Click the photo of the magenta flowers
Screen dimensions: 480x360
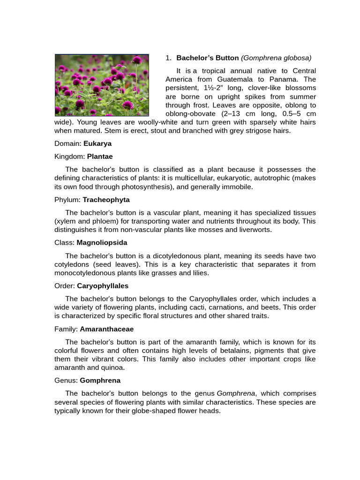click(x=102, y=85)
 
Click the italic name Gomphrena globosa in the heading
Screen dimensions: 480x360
click(x=276, y=58)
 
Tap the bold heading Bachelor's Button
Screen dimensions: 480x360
click(x=207, y=58)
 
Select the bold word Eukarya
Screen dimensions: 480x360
click(x=97, y=143)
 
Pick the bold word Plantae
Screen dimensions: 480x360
click(x=100, y=157)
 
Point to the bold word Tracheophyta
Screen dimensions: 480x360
click(x=106, y=200)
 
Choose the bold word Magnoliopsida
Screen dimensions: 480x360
click(x=102, y=243)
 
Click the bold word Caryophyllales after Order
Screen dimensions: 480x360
click(x=103, y=286)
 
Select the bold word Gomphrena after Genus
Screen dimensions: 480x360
click(x=100, y=381)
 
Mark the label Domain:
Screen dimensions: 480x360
click(x=68, y=143)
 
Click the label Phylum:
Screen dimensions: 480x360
click(x=67, y=200)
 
